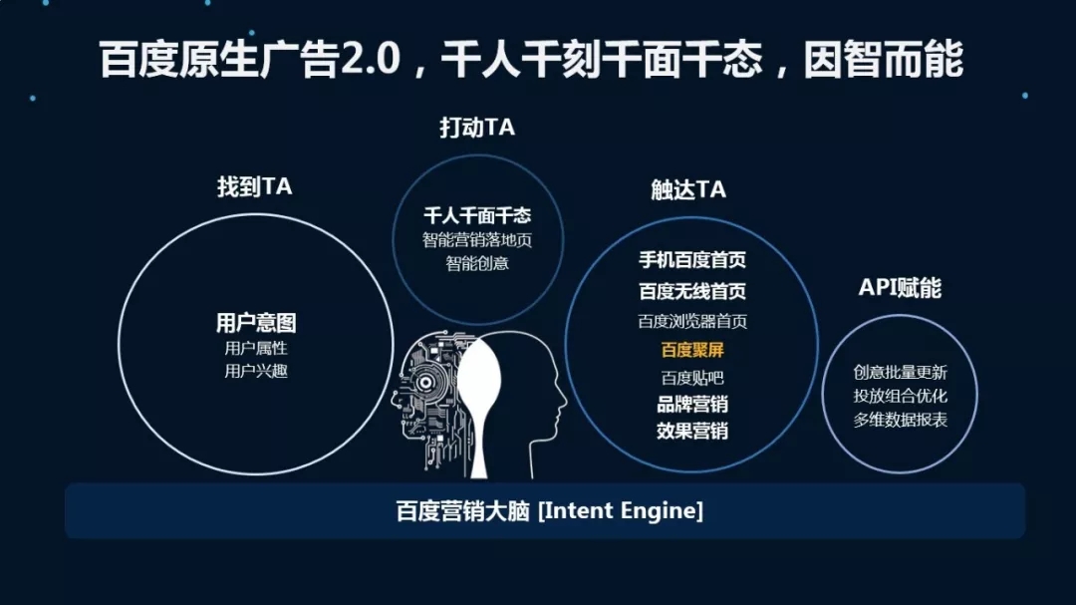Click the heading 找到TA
[254, 187]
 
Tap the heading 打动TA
[477, 128]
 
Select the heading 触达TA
[688, 190]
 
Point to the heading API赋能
[900, 288]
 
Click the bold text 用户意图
[256, 323]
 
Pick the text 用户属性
[256, 348]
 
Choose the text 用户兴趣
[256, 371]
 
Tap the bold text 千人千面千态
[477, 215]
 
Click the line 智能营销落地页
[477, 240]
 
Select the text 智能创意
[477, 263]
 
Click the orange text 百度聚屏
[691, 350]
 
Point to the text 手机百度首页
[691, 260]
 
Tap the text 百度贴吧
[691, 378]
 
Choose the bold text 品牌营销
[691, 405]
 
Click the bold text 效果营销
[691, 432]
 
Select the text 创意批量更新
[900, 372]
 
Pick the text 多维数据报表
[900, 420]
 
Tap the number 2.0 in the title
[370, 60]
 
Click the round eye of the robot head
[429, 379]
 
